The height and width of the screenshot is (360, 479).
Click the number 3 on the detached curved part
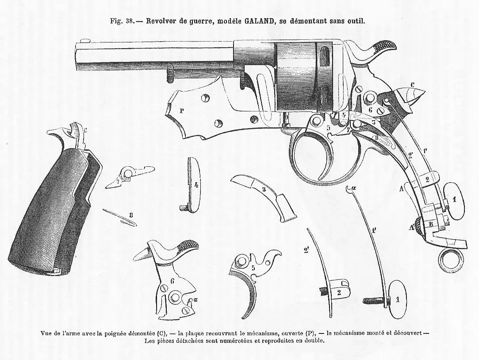[x=264, y=189]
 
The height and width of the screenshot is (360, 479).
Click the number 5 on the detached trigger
[x=253, y=268]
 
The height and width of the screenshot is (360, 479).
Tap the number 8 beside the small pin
[x=131, y=215]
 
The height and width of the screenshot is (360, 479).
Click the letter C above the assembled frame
[x=412, y=84]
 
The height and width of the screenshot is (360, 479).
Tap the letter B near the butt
[x=431, y=224]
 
